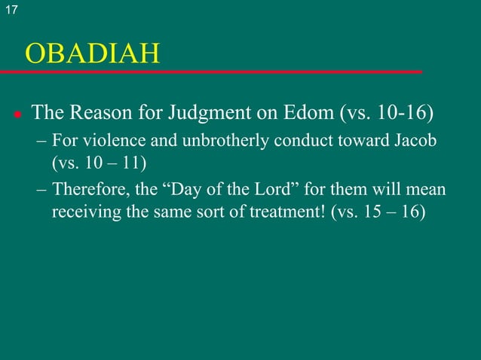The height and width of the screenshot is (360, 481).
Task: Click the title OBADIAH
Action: (x=93, y=53)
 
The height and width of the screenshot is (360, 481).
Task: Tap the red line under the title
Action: (x=211, y=72)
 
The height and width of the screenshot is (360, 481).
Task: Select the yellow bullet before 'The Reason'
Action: (x=16, y=115)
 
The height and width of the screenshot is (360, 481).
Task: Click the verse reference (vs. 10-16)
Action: (x=388, y=114)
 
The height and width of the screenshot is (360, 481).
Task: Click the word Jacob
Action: (x=416, y=143)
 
